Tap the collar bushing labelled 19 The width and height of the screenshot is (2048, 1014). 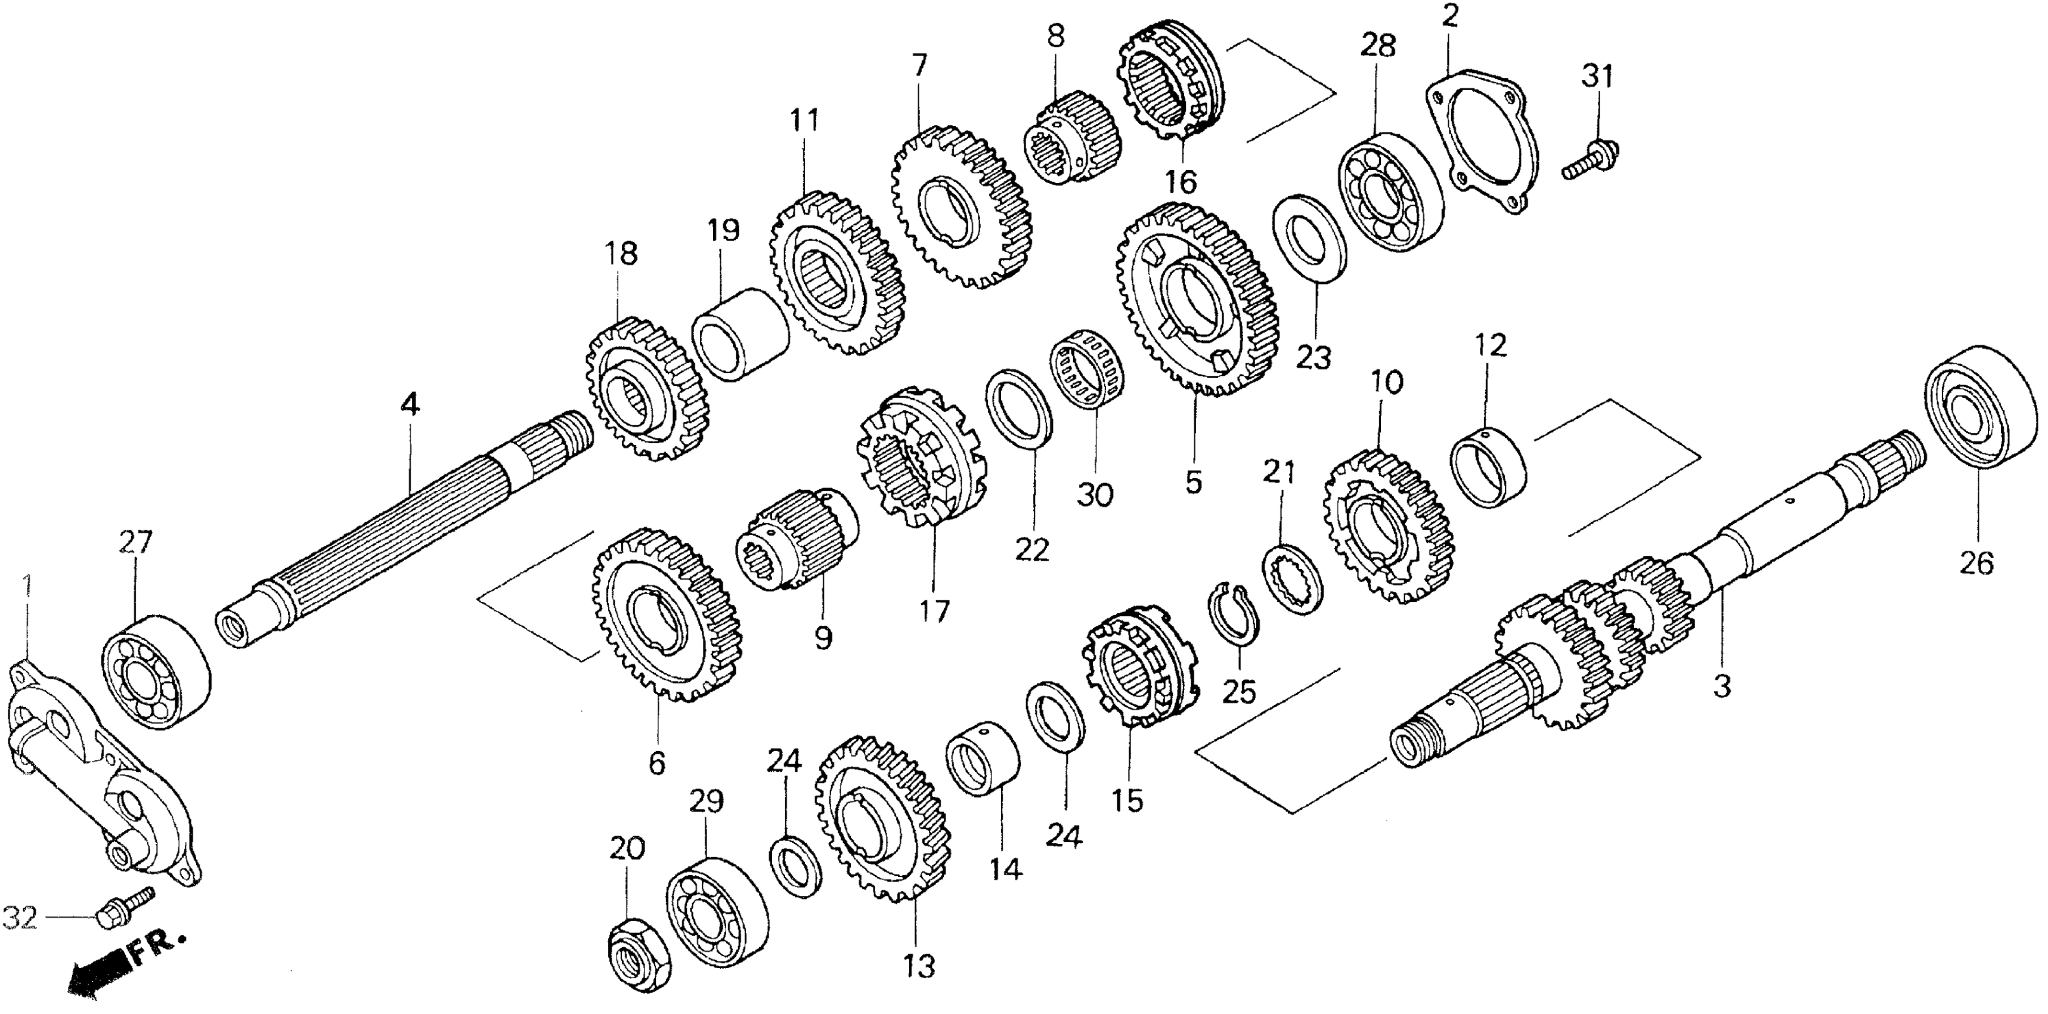coord(739,335)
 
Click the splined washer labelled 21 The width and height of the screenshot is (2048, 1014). coord(1294,577)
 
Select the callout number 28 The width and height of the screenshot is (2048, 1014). coord(1378,46)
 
